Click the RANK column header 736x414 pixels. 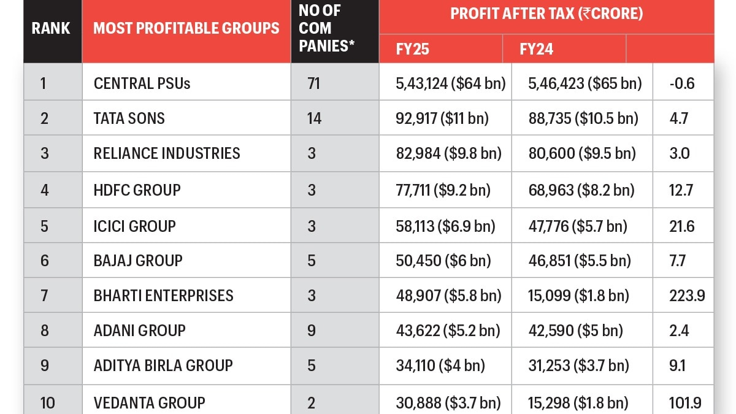(x=52, y=28)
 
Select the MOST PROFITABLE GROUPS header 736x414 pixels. (x=186, y=28)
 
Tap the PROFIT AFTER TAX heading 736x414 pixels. (x=546, y=14)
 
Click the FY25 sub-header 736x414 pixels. (x=413, y=49)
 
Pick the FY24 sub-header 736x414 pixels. (x=536, y=49)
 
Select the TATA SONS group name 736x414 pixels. (x=129, y=118)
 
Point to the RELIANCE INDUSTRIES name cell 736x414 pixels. (x=167, y=153)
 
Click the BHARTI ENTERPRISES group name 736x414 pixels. (x=163, y=296)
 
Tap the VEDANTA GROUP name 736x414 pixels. (x=149, y=403)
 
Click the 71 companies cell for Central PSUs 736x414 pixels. (x=313, y=83)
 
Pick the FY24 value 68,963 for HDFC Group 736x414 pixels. (x=581, y=190)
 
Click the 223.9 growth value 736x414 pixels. (x=687, y=296)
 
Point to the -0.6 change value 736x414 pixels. (x=682, y=83)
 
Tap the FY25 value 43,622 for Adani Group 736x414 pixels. (x=448, y=331)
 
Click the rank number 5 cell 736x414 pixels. (x=44, y=226)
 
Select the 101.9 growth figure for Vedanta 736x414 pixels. (x=686, y=403)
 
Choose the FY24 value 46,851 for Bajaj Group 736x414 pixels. (x=579, y=261)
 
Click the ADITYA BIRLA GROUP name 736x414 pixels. (x=163, y=366)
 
